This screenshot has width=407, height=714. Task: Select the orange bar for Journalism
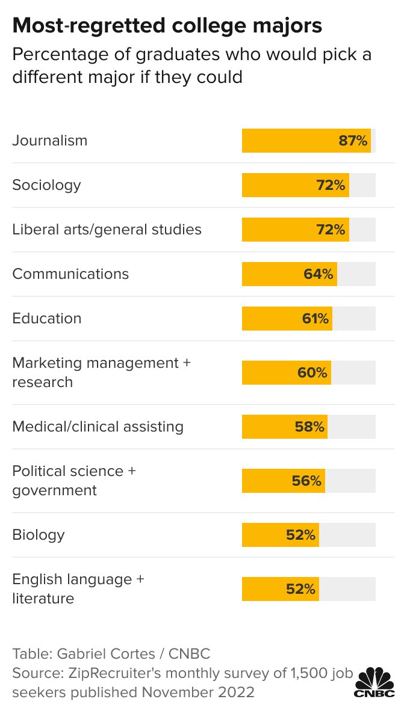pyautogui.click(x=289, y=141)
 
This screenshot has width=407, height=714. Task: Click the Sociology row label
pyautogui.click(x=46, y=185)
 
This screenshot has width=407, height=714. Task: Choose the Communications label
pyautogui.click(x=70, y=274)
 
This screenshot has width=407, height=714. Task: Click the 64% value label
pyautogui.click(x=318, y=274)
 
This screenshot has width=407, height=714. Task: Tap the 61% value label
pyautogui.click(x=315, y=319)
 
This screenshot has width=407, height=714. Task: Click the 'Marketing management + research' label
pyautogui.click(x=101, y=372)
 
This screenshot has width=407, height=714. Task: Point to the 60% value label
pyautogui.click(x=312, y=373)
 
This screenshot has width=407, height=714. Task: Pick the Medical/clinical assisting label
pyautogui.click(x=98, y=427)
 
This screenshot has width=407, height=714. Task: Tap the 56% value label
pyautogui.click(x=307, y=481)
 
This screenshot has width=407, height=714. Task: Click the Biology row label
pyautogui.click(x=39, y=535)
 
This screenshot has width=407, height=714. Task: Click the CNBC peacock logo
pyautogui.click(x=374, y=682)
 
